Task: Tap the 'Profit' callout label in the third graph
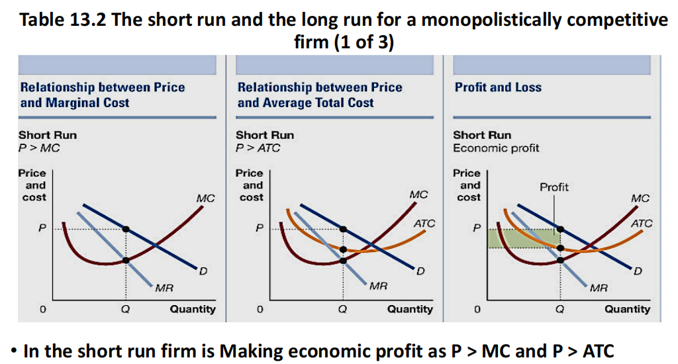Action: pyautogui.click(x=554, y=187)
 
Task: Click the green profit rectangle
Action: pyautogui.click(x=523, y=239)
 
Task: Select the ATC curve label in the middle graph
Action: pyautogui.click(x=424, y=224)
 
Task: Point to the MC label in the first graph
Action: pyautogui.click(x=205, y=198)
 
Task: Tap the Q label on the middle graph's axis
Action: pyautogui.click(x=342, y=309)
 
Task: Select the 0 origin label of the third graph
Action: pyautogui.click(x=476, y=309)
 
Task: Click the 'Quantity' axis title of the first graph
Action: pyautogui.click(x=193, y=309)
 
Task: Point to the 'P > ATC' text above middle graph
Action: pyautogui.click(x=258, y=148)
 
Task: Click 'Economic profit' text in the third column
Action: pyautogui.click(x=496, y=148)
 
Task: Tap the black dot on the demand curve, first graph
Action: pyautogui.click(x=126, y=229)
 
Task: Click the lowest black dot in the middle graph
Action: pyautogui.click(x=343, y=260)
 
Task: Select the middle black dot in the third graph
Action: pyautogui.click(x=561, y=248)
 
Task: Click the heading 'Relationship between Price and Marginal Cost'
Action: pyautogui.click(x=103, y=95)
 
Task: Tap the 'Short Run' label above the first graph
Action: pyautogui.click(x=48, y=135)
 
